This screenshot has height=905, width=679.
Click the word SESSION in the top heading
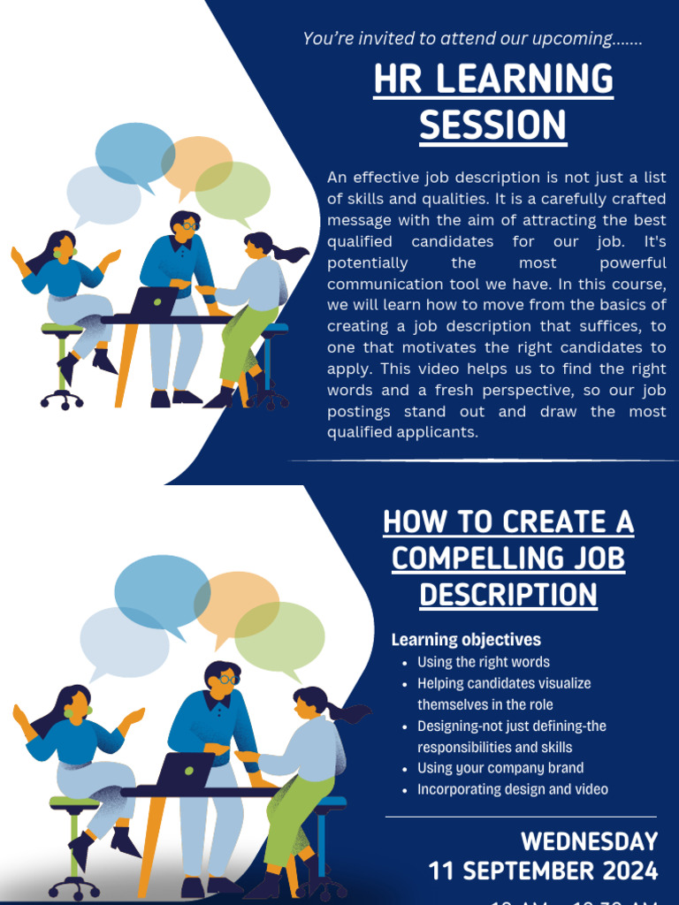(492, 125)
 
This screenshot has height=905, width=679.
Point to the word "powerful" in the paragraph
(633, 262)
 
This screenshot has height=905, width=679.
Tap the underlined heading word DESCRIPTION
(508, 595)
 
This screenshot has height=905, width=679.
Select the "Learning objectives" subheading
(466, 639)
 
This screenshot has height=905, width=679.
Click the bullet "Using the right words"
(483, 662)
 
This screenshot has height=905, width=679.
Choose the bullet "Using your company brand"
(500, 768)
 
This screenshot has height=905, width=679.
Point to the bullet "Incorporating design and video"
(513, 789)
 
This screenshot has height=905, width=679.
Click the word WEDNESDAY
(589, 841)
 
